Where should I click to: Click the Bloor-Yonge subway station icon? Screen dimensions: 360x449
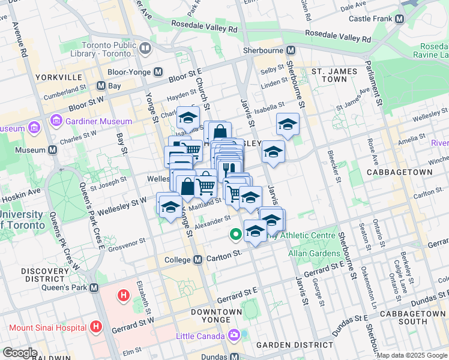coord(158,72)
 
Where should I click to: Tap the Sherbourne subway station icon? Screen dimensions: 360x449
coord(291,51)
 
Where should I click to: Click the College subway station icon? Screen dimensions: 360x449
coord(197,259)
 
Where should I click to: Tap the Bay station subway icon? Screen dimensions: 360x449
coord(100,86)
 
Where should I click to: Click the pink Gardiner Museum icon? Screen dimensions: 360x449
coord(57,121)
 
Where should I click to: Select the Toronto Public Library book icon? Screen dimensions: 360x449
coord(145,48)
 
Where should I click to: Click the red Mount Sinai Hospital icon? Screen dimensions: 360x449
coord(95,327)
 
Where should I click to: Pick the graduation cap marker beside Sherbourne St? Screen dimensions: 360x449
coord(288,124)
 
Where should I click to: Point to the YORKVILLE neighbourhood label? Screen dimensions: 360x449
coord(58,77)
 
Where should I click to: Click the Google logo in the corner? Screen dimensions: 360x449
coord(20,353)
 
